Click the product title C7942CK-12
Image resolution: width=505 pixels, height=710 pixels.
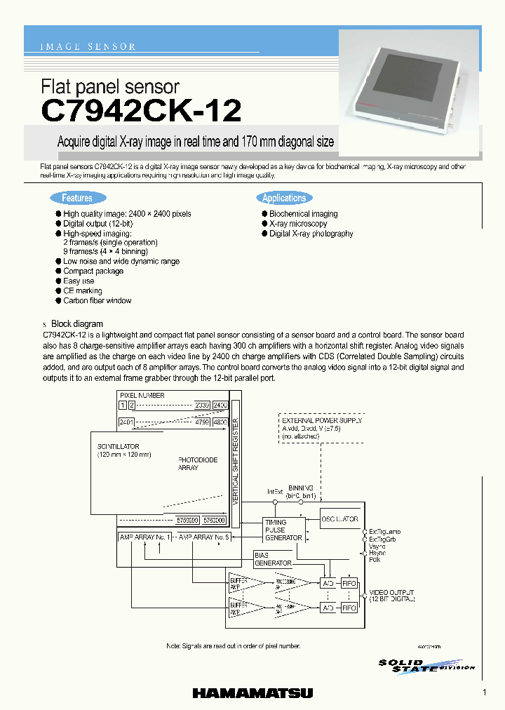142,110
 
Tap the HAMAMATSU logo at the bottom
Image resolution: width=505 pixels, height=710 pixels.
252,693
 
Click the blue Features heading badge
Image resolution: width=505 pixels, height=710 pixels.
77,199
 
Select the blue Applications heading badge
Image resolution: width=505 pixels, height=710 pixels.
284,199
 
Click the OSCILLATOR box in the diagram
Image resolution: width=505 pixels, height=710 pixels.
340,520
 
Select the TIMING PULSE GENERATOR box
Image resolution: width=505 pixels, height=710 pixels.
283,530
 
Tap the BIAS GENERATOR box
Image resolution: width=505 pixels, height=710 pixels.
273,559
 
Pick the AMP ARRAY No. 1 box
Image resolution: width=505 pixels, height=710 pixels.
145,537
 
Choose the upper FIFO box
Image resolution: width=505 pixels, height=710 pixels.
349,582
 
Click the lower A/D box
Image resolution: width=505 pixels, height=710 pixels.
328,608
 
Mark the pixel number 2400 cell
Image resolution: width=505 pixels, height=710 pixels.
220,406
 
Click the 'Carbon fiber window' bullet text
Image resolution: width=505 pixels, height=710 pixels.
97,301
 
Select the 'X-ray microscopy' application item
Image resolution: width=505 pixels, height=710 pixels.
298,224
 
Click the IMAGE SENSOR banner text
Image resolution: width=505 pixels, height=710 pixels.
88,47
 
